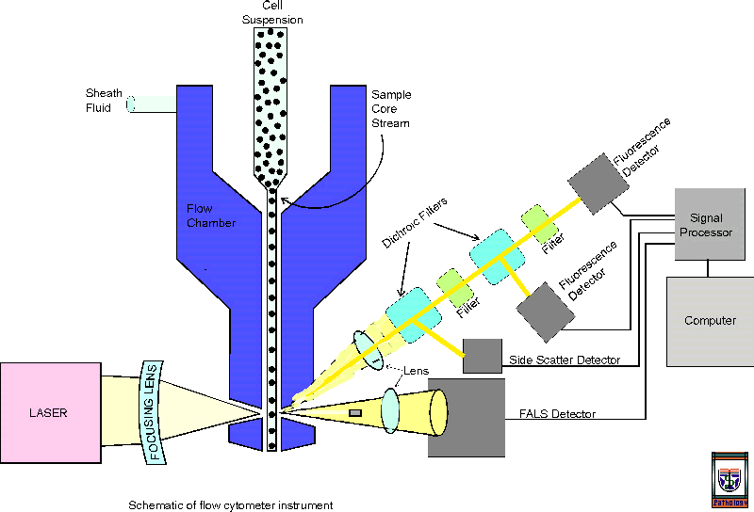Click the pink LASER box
tap(50, 412)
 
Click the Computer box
tap(710, 321)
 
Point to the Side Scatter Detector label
tap(564, 360)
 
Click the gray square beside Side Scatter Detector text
tap(482, 355)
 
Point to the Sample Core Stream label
tap(390, 108)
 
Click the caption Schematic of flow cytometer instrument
tap(231, 505)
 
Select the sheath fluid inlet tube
tap(151, 104)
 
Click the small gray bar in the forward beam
tap(355, 412)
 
